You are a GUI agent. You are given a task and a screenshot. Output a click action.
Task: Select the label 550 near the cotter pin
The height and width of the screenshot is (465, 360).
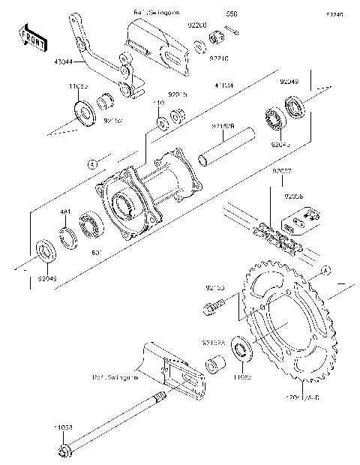click(x=232, y=15)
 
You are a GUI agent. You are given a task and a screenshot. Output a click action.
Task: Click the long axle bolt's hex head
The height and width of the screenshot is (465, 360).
click(x=64, y=451)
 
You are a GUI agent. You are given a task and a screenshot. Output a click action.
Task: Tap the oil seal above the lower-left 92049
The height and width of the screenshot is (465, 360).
click(x=44, y=248)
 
